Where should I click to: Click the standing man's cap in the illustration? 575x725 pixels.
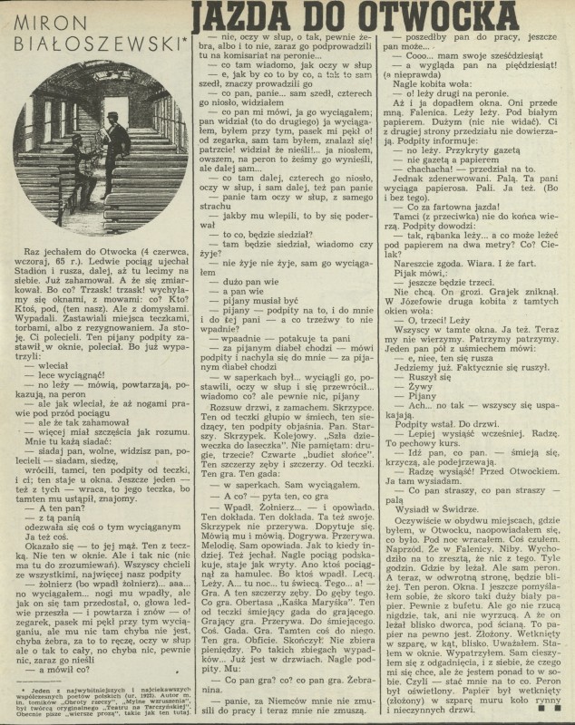click(109, 119)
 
